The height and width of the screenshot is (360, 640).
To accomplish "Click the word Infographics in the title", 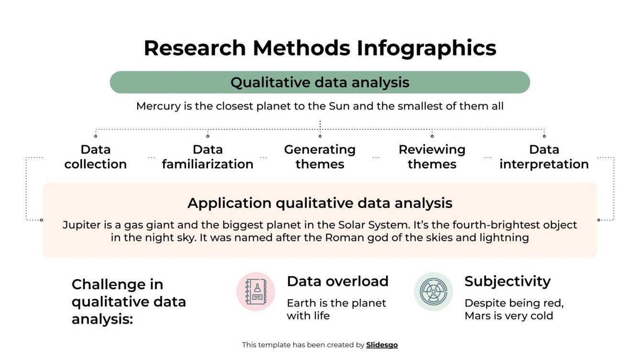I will click(426, 48).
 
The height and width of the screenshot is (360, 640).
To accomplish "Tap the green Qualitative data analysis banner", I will click(320, 82).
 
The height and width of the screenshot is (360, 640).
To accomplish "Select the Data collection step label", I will click(96, 157).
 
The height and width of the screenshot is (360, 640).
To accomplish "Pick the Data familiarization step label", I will click(208, 157).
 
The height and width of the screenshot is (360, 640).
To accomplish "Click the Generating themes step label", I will click(320, 157).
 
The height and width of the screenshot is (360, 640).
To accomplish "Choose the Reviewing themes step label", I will click(432, 157).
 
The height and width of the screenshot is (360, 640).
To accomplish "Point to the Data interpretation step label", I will click(544, 157).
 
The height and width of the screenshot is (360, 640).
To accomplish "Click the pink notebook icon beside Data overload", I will click(256, 292).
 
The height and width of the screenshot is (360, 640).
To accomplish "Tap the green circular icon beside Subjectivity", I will click(433, 292).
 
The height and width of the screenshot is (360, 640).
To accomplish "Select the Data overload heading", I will click(337, 281).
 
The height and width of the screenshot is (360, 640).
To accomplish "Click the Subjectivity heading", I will click(507, 281).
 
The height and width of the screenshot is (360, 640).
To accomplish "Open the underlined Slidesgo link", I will click(382, 345).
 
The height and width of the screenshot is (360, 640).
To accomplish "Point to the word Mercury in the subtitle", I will click(158, 106).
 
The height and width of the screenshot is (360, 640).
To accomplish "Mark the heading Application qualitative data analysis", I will click(320, 203).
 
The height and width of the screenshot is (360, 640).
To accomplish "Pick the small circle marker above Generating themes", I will click(320, 136).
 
